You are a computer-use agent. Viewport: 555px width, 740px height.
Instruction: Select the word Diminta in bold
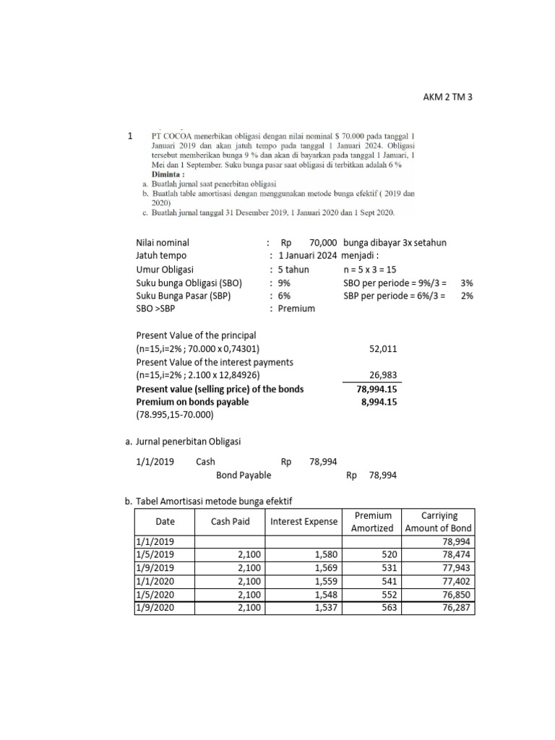coord(168,174)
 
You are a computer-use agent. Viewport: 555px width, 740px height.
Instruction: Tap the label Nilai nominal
coord(163,242)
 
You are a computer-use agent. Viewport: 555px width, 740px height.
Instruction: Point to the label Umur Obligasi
coord(164,270)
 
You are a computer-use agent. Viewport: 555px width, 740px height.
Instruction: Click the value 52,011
coord(382,349)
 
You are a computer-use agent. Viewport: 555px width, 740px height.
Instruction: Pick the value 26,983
coord(382,376)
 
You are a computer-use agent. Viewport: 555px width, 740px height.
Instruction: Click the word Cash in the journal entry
coord(205,461)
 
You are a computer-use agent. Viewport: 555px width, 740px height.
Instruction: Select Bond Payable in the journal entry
coord(244,475)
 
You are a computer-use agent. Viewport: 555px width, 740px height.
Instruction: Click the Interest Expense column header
coord(304,522)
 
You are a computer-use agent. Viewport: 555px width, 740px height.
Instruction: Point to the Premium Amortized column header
coord(373,522)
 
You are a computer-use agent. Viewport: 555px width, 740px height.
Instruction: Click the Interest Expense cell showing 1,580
coord(326,554)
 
